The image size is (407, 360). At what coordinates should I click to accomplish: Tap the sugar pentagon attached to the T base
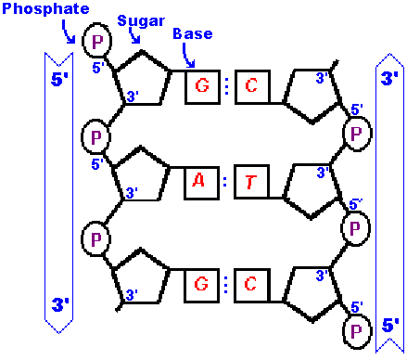(x=312, y=186)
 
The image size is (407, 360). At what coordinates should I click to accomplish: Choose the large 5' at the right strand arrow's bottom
(x=389, y=326)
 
